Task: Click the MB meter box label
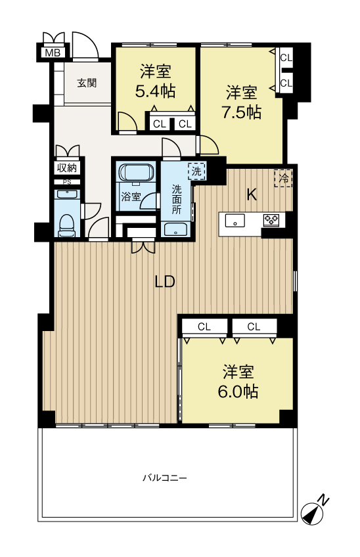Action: pyautogui.click(x=53, y=53)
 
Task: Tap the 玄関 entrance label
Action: pyautogui.click(x=87, y=83)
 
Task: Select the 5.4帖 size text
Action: pyautogui.click(x=155, y=92)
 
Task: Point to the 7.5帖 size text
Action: pyautogui.click(x=242, y=112)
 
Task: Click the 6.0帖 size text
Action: pyautogui.click(x=238, y=391)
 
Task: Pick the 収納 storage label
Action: pyautogui.click(x=67, y=167)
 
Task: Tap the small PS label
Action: pyautogui.click(x=67, y=182)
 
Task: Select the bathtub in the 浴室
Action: pyautogui.click(x=137, y=173)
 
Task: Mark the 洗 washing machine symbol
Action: pyautogui.click(x=196, y=171)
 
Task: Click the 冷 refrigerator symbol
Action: pyautogui.click(x=283, y=178)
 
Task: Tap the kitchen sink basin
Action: pyautogui.click(x=235, y=220)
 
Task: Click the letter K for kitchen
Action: pyautogui.click(x=252, y=195)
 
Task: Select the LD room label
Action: pyautogui.click(x=165, y=281)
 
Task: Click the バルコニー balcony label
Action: pyautogui.click(x=165, y=478)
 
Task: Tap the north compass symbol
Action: pyautogui.click(x=313, y=512)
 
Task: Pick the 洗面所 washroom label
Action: pyautogui.click(x=177, y=199)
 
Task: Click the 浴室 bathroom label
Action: pyautogui.click(x=131, y=197)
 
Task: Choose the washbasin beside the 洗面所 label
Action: pyautogui.click(x=176, y=229)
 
